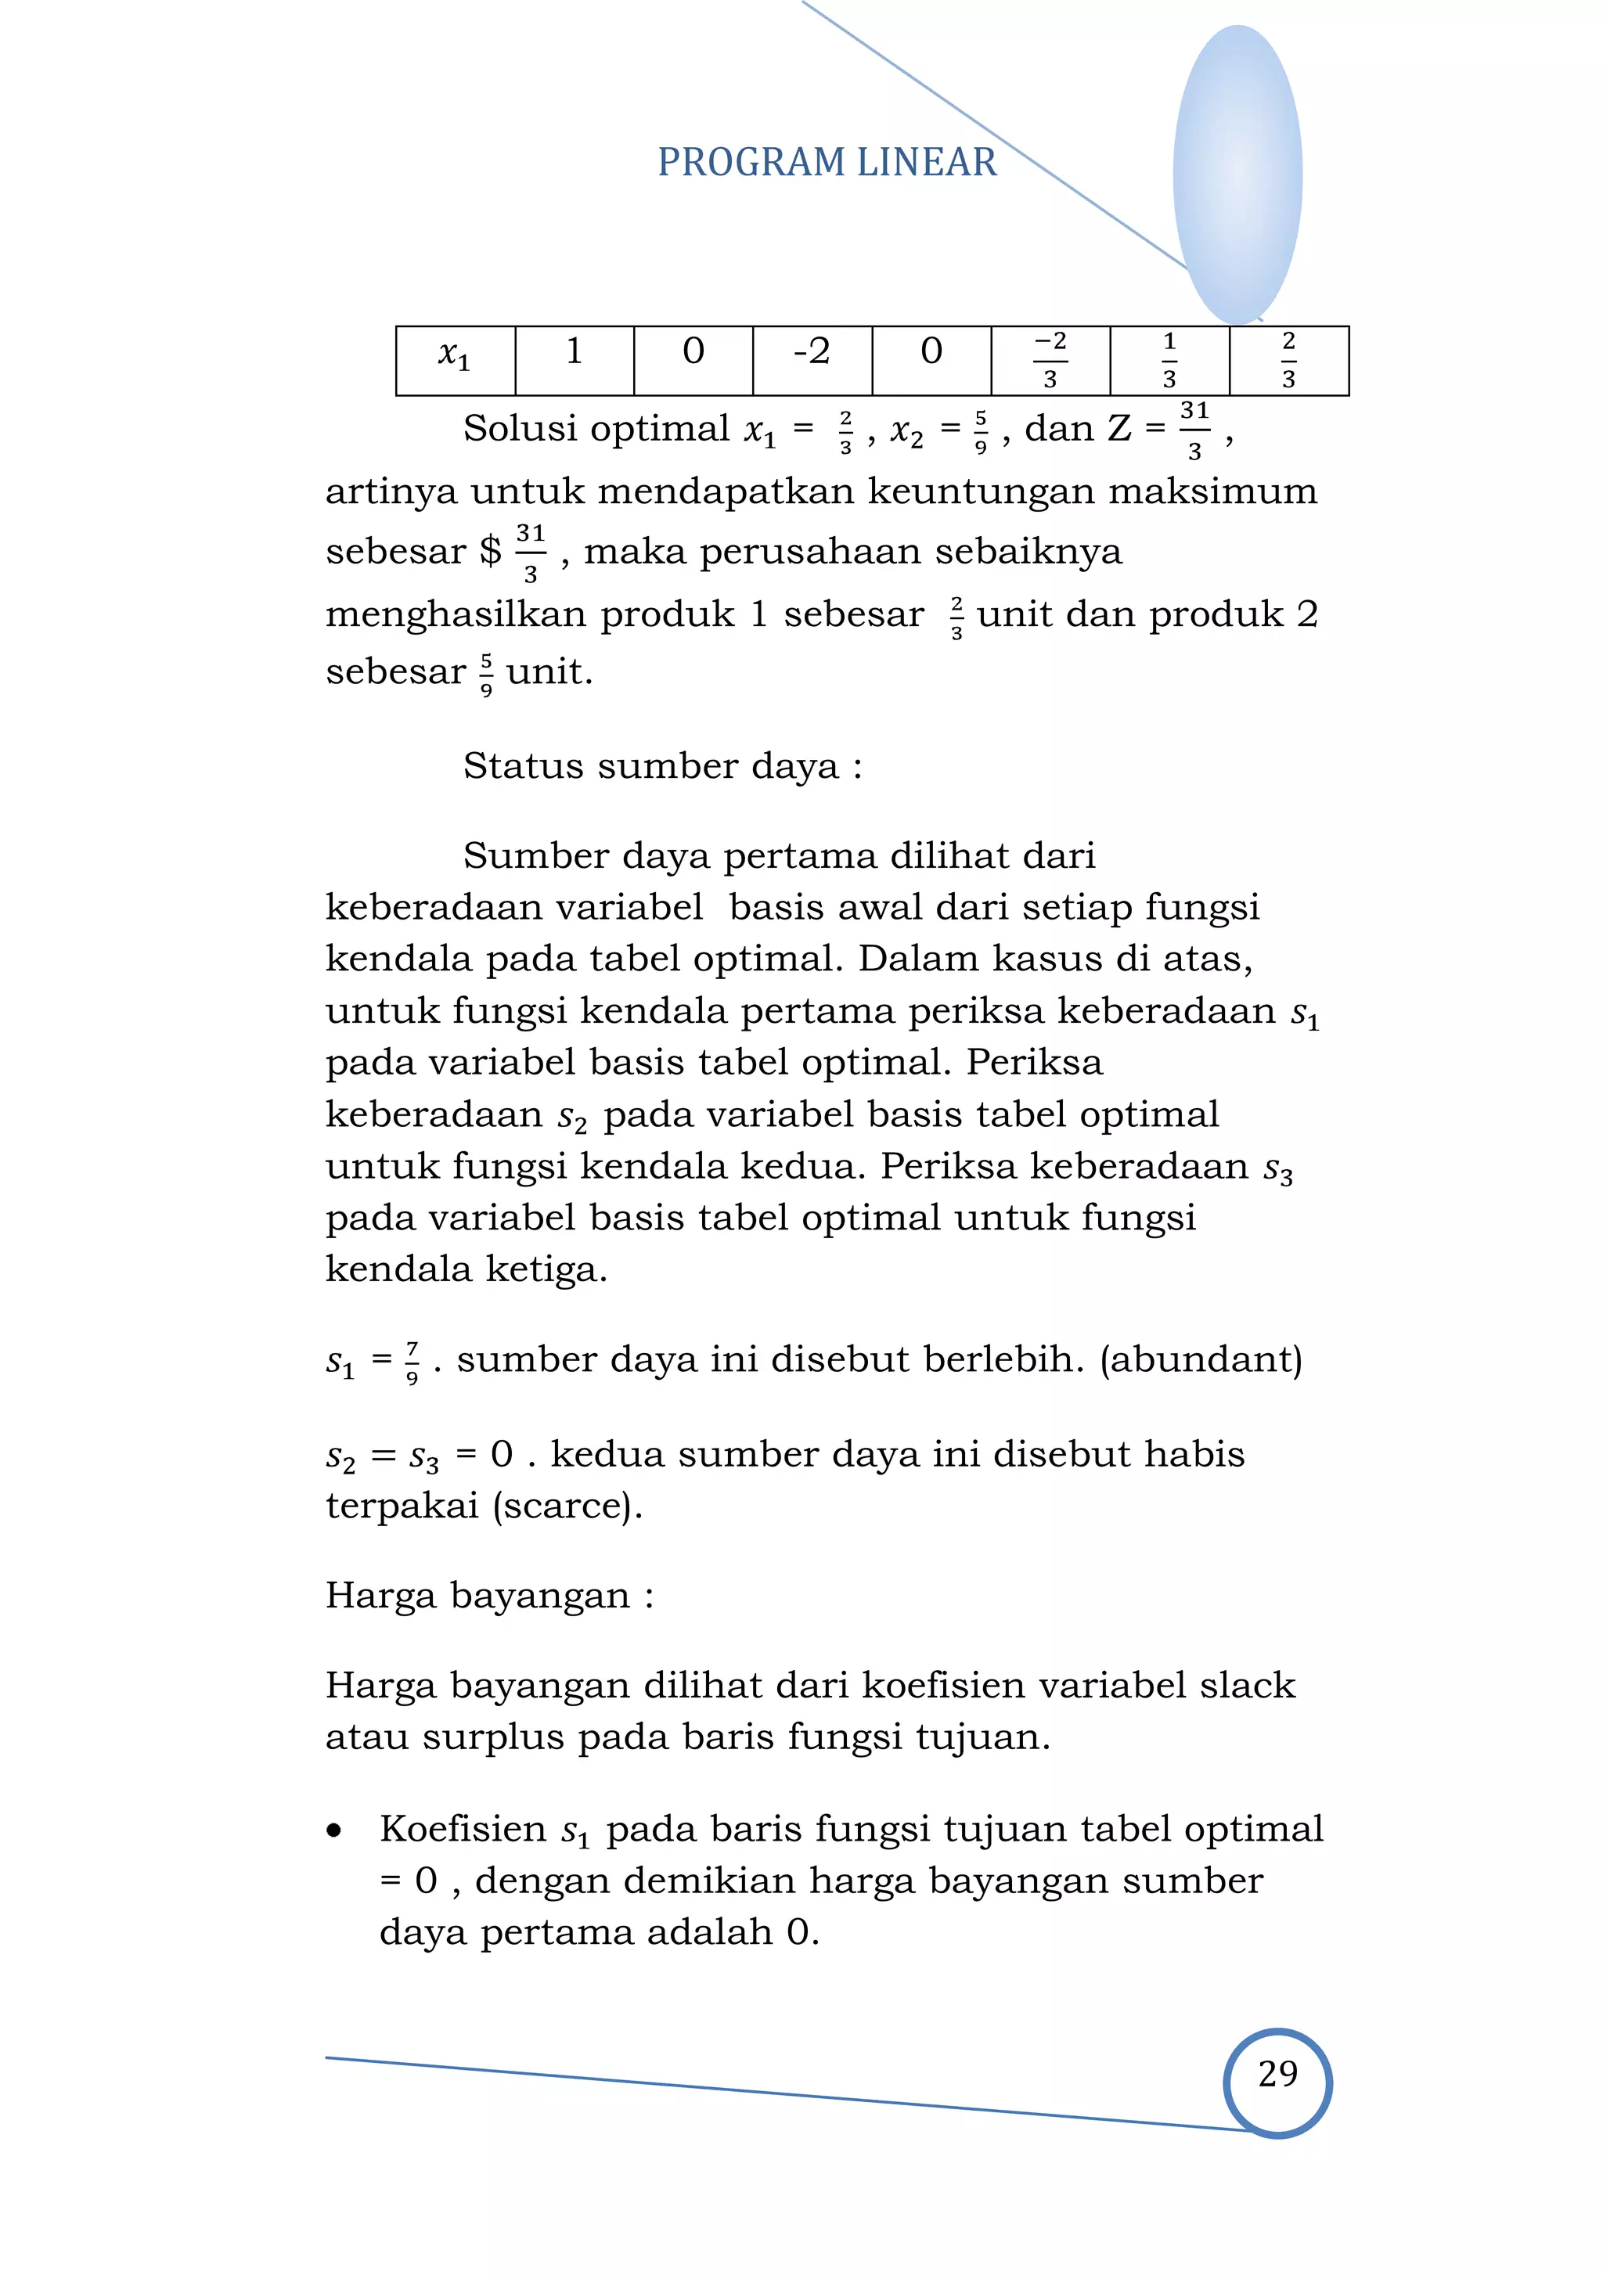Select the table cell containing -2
coord(812,353)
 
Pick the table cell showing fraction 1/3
coord(1169,360)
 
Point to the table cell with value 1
coord(574,353)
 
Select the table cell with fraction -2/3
coord(1050,360)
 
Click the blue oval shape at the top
coord(1237,174)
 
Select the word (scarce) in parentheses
coord(567,1505)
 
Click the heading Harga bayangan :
coord(489,1595)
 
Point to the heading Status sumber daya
coord(662,766)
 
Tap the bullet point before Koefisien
coord(334,1831)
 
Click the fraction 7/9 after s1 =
coord(412,1362)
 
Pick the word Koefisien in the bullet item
coord(463,1829)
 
